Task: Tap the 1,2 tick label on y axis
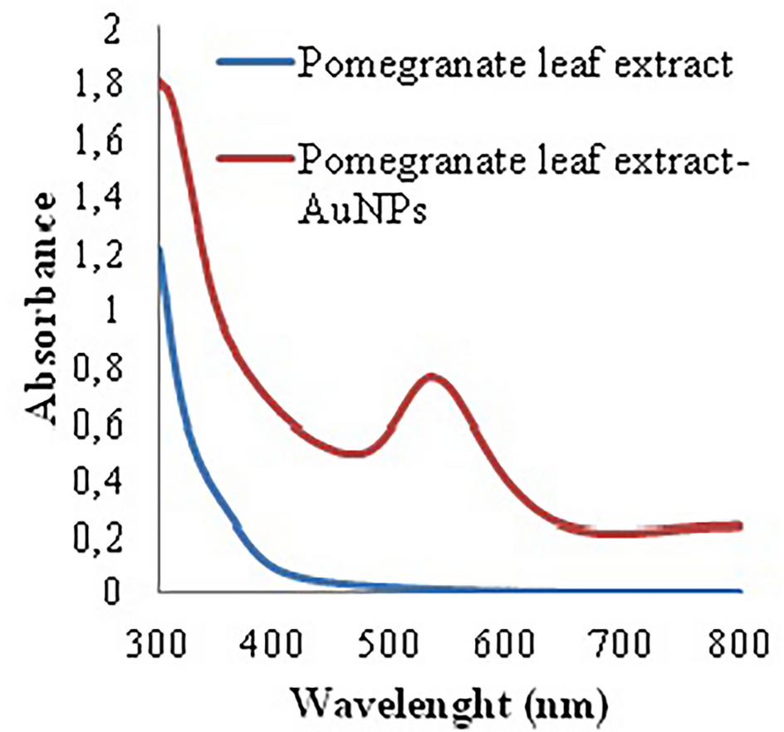[x=101, y=256]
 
